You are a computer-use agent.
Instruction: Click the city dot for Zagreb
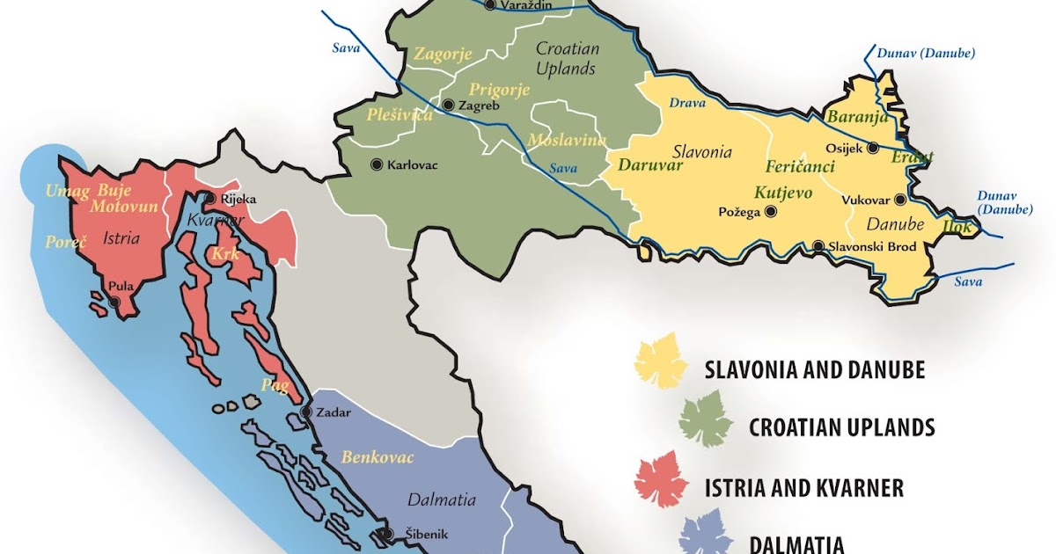(449, 106)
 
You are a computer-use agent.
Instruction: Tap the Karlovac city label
(413, 164)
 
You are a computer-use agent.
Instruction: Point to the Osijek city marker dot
(872, 149)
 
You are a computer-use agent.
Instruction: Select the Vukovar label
(866, 200)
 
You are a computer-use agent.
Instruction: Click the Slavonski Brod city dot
(818, 247)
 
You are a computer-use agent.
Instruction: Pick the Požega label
(738, 212)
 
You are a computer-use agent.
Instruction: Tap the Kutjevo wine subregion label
(782, 193)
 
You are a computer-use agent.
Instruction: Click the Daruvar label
(650, 164)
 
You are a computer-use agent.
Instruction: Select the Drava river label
(687, 103)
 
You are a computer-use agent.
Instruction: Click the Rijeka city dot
(209, 199)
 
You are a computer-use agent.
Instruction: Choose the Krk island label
(224, 254)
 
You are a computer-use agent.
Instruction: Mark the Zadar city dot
(305, 412)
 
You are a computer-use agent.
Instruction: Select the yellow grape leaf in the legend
(661, 360)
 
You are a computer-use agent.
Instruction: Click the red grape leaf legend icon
(661, 479)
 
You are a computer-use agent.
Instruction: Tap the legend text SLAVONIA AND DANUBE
(814, 370)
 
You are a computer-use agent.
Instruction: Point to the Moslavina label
(567, 141)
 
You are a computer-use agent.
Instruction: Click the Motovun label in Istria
(123, 207)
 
